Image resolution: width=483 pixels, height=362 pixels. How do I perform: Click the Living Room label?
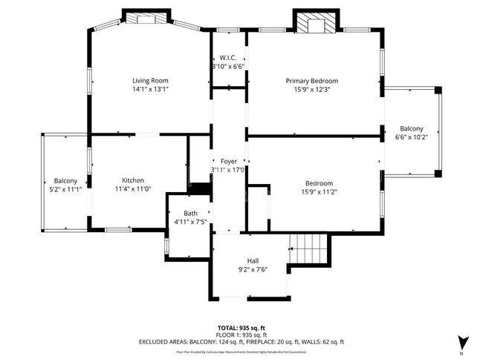(150, 80)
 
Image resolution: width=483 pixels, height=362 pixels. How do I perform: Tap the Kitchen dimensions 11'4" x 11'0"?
(133, 189)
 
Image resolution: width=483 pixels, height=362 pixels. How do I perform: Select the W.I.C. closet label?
(227, 58)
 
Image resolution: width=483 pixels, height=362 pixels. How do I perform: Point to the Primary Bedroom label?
(312, 81)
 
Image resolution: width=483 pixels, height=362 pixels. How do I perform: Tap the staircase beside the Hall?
(308, 248)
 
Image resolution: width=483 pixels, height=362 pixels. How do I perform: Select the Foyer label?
(228, 161)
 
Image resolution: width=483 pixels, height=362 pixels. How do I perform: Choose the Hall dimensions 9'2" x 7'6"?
(253, 269)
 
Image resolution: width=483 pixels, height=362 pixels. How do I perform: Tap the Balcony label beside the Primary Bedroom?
(412, 128)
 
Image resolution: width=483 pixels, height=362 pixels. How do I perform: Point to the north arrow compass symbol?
(463, 342)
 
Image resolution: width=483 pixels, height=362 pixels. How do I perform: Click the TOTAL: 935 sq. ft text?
(241, 327)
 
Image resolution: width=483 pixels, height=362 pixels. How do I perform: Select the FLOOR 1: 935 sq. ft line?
(241, 335)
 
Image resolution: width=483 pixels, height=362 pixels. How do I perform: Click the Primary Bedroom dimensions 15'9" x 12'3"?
(312, 90)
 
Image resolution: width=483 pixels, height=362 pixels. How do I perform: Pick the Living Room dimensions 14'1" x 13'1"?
(150, 89)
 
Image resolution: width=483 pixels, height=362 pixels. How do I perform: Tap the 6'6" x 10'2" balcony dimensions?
(412, 136)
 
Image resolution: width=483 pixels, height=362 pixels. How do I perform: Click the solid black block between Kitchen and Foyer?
(199, 189)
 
